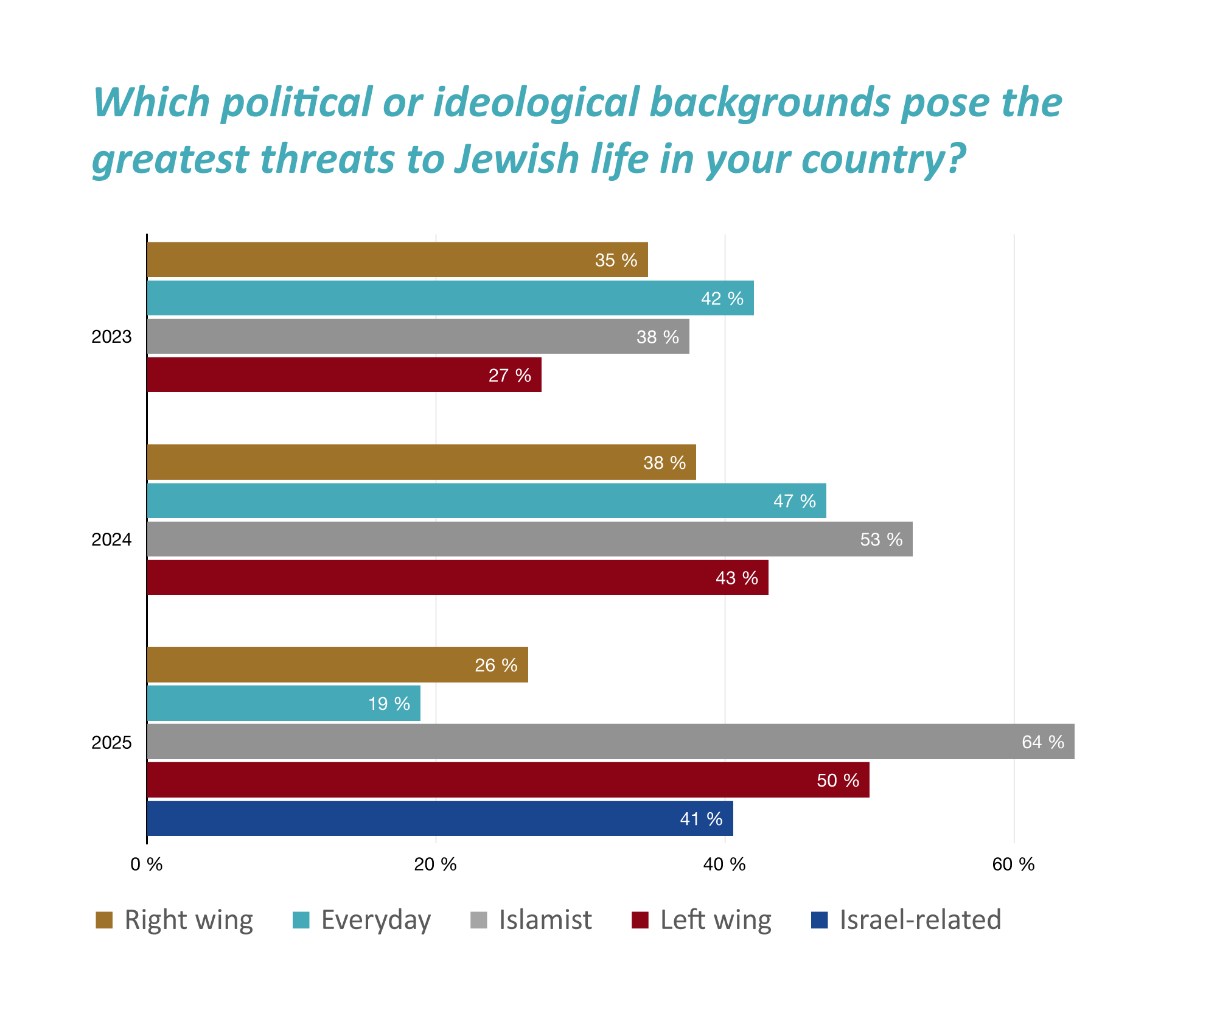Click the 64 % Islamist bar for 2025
610,742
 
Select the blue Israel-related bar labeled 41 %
439,818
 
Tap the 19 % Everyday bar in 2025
284,703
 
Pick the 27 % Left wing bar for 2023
344,374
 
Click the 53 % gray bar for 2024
529,539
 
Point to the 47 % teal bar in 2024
486,500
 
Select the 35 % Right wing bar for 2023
397,259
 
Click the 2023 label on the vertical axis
111,337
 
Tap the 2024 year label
111,539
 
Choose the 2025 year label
111,742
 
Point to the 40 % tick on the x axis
724,865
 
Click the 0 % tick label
147,865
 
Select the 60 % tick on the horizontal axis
1013,865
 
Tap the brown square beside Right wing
104,920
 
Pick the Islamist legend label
545,919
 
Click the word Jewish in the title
517,158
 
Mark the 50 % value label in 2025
838,781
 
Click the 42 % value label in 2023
722,298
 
